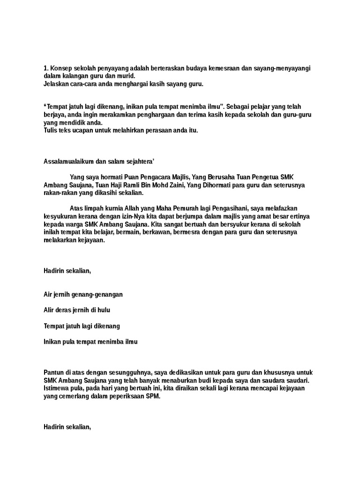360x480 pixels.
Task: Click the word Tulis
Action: coord(50,130)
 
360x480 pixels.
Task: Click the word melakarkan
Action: coord(60,239)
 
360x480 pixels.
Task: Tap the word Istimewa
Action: coord(57,388)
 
